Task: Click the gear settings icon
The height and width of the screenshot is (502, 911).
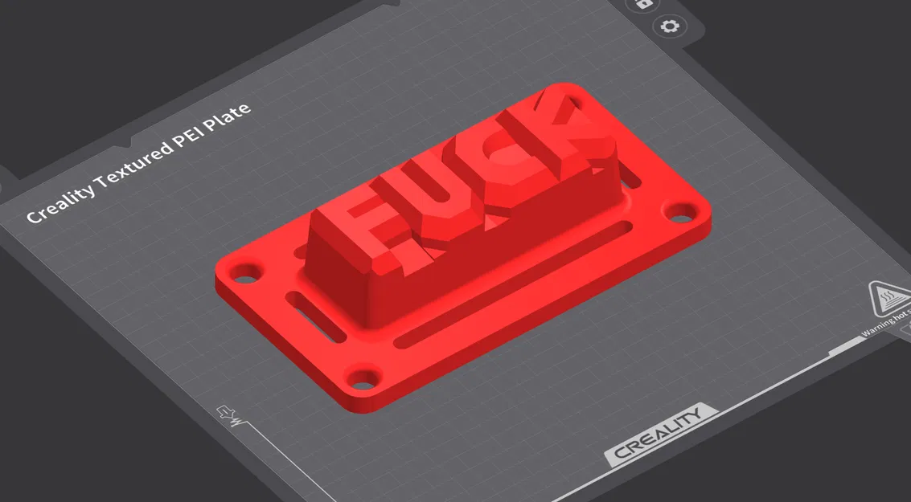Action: coord(669,27)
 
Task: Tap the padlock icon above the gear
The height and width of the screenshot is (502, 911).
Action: coord(643,4)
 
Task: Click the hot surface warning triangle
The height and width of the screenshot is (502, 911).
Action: coord(888,300)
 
